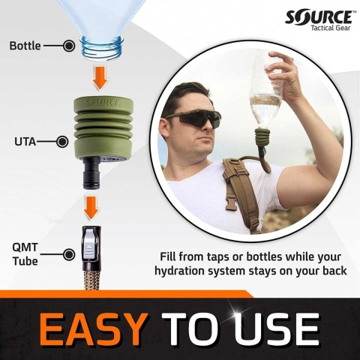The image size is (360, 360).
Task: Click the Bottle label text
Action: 25,46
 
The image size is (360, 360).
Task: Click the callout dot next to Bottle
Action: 69,46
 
